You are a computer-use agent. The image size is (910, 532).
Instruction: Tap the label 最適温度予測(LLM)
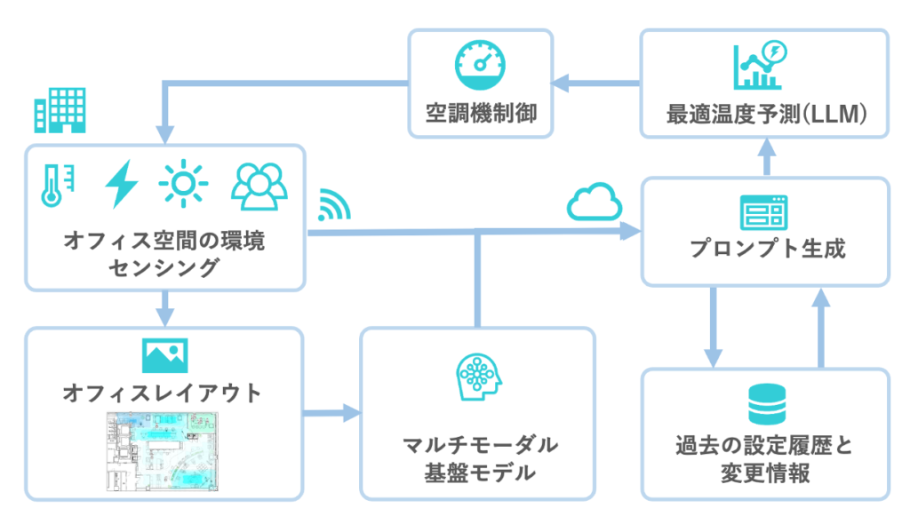pyautogui.click(x=765, y=115)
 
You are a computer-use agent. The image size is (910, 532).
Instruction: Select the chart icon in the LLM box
pyautogui.click(x=758, y=65)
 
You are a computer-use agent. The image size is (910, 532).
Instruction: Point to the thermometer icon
pyautogui.click(x=54, y=185)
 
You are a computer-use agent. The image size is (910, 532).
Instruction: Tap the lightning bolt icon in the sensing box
pyautogui.click(x=122, y=184)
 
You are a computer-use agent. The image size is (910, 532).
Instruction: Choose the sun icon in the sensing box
pyautogui.click(x=184, y=184)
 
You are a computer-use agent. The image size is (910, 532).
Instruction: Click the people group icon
pyautogui.click(x=259, y=183)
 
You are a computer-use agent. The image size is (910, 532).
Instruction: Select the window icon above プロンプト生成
pyautogui.click(x=763, y=213)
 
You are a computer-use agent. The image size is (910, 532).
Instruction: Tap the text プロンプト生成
pyautogui.click(x=766, y=250)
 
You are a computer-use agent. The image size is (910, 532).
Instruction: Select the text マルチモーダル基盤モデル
pyautogui.click(x=478, y=457)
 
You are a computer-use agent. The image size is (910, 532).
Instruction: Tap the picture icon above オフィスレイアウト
pyautogui.click(x=164, y=353)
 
